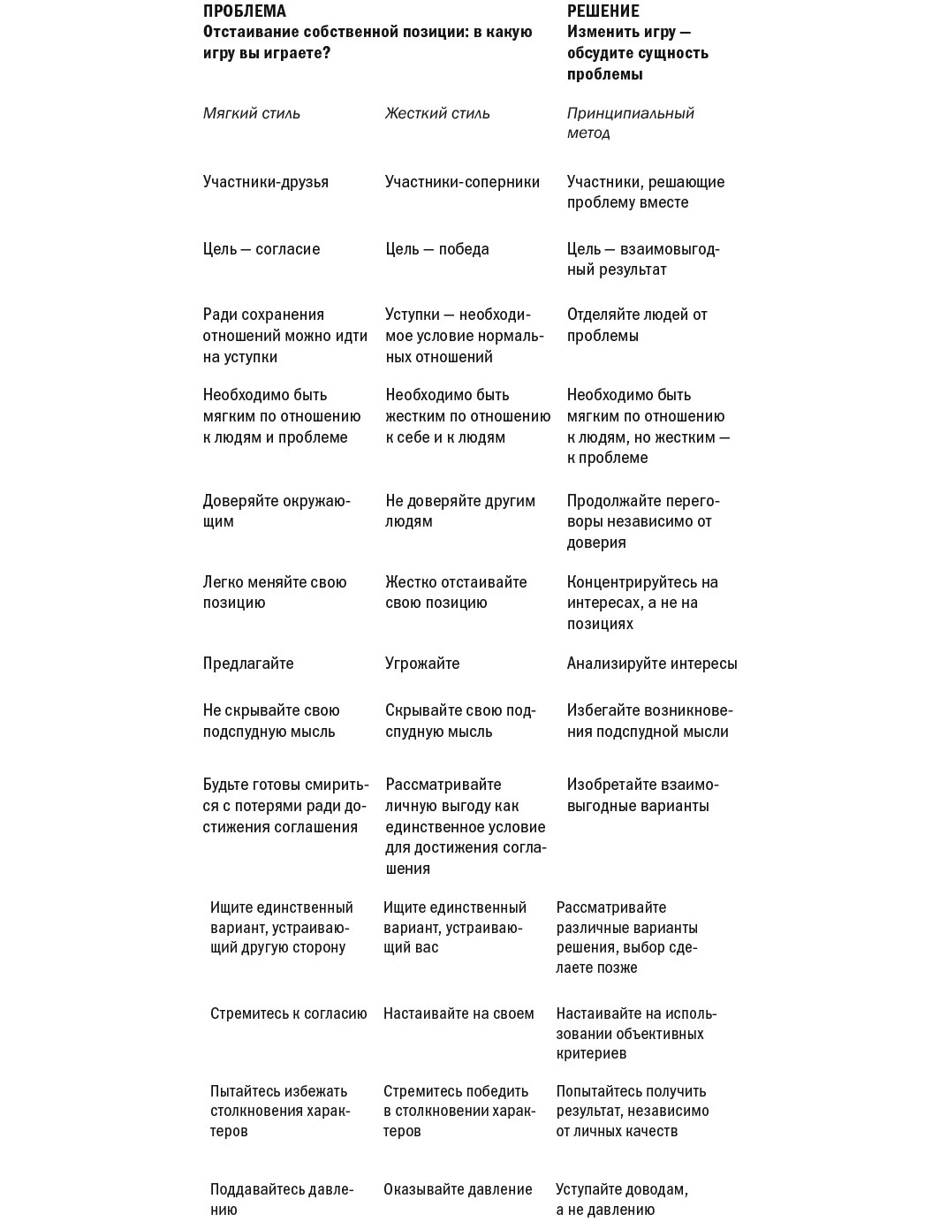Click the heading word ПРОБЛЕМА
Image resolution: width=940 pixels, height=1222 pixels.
[x=245, y=11]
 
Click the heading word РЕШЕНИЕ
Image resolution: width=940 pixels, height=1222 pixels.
[x=603, y=11]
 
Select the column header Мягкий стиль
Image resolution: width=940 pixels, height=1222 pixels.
[x=252, y=113]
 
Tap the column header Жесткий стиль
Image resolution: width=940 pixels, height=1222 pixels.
[x=437, y=113]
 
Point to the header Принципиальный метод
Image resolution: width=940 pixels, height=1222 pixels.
[x=630, y=123]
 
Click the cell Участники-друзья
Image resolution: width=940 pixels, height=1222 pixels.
[x=266, y=182]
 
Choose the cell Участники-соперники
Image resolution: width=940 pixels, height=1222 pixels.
[x=462, y=182]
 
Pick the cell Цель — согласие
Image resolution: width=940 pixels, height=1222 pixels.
[x=262, y=249]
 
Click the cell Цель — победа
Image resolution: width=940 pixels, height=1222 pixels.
[x=437, y=249]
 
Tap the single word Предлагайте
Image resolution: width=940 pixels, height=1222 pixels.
[x=248, y=664]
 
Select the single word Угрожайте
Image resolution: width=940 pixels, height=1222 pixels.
[x=422, y=664]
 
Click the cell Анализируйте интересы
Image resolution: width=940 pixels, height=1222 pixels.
[x=652, y=664]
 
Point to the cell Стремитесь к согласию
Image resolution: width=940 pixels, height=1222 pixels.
[x=288, y=1013]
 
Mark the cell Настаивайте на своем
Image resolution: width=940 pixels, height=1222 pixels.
[x=459, y=1013]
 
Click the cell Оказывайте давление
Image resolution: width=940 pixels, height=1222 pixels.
[x=458, y=1189]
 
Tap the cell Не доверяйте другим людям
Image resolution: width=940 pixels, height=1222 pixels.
[x=460, y=511]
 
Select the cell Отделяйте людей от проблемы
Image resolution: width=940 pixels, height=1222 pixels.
[x=637, y=325]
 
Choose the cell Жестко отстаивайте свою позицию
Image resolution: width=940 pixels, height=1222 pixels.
[x=456, y=592]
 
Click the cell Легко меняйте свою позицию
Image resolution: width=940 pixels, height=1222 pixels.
[x=275, y=592]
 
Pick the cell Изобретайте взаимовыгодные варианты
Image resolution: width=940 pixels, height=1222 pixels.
[x=642, y=795]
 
